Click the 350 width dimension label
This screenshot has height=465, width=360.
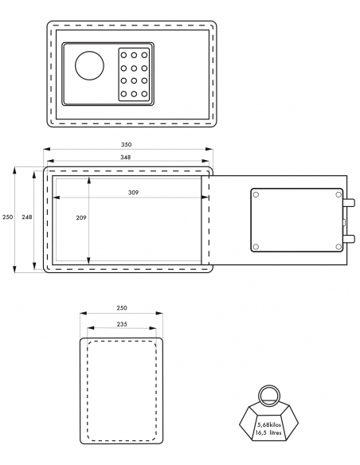[x=126, y=145]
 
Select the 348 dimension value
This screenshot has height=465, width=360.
[x=125, y=157]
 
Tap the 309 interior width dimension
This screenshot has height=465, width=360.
[x=134, y=193]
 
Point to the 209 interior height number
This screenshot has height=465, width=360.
[x=81, y=217]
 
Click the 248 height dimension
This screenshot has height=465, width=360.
[x=27, y=217]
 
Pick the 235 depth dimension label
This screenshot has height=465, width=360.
[x=122, y=324]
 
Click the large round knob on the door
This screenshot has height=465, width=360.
[x=89, y=65]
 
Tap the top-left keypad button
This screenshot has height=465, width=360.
[x=123, y=55]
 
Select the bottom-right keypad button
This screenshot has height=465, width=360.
[x=144, y=94]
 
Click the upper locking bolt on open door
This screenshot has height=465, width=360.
[x=349, y=203]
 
